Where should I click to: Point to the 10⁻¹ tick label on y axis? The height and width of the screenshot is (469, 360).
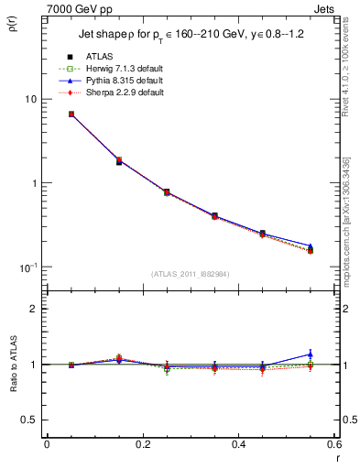point(27,267)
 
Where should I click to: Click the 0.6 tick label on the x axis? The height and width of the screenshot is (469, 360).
point(333,444)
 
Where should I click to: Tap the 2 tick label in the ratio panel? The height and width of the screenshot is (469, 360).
point(35,309)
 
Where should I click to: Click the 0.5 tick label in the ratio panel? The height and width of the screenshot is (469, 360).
point(31,420)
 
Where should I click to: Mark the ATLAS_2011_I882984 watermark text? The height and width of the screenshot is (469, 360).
point(191,274)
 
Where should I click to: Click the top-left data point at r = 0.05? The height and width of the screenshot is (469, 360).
point(71,115)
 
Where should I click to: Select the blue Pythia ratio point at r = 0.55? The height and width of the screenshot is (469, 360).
point(311,354)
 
